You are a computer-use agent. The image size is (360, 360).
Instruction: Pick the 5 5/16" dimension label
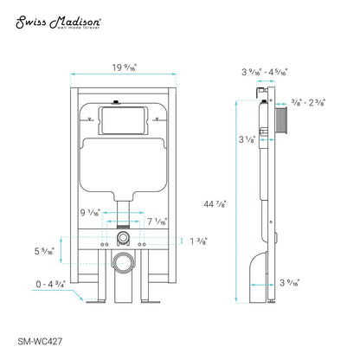(x=43, y=252)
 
